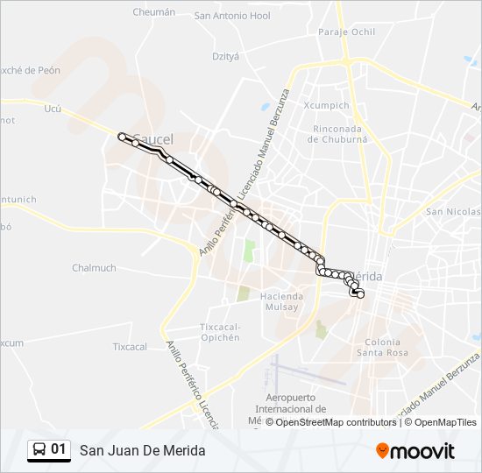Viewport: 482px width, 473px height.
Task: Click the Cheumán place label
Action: [x=153, y=12]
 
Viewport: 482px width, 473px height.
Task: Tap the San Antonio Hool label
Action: [x=232, y=16]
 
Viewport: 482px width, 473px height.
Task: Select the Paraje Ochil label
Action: [x=347, y=32]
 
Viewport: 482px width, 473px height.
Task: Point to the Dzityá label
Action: [x=225, y=55]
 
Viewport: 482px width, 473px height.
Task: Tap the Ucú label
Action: [x=53, y=109]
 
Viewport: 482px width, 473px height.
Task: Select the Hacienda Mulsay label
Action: [x=280, y=301]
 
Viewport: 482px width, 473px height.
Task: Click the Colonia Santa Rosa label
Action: [x=382, y=347]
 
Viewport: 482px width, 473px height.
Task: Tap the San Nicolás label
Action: [x=452, y=212]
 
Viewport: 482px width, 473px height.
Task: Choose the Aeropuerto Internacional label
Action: [x=290, y=403]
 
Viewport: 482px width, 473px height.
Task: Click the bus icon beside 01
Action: [x=39, y=449]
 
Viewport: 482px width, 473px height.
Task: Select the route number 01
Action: [x=59, y=449]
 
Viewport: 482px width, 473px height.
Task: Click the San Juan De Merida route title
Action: [x=143, y=450]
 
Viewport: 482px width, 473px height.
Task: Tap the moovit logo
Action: [x=415, y=451]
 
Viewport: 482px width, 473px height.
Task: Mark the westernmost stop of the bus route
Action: [x=122, y=137]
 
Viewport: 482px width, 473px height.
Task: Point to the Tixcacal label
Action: [x=130, y=347]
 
